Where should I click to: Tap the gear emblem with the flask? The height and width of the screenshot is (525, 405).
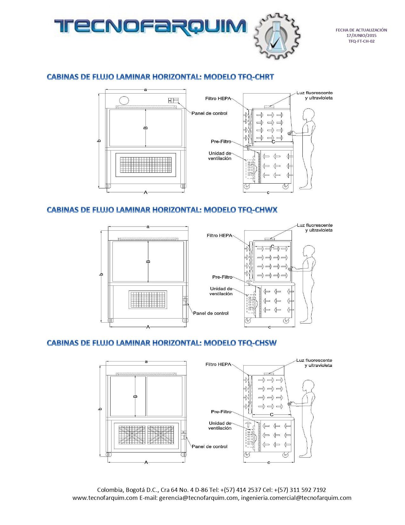[x=277, y=36]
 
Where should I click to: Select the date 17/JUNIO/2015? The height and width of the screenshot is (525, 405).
[x=361, y=35]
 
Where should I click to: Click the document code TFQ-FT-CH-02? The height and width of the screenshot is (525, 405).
[x=361, y=41]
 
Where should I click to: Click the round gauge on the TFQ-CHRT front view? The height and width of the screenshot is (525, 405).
[x=124, y=100]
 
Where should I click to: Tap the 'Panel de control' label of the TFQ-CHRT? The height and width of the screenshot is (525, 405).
[x=209, y=113]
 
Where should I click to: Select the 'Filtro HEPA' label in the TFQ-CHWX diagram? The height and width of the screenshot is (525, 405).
[x=219, y=236]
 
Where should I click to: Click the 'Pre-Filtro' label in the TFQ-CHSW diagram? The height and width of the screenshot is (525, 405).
[x=221, y=412]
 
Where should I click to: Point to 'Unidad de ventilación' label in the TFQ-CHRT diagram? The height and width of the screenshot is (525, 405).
[x=220, y=156]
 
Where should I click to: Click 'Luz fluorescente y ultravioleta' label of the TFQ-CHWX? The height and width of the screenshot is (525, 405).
[x=314, y=228]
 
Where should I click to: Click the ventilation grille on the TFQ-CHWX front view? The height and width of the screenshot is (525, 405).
[x=148, y=300]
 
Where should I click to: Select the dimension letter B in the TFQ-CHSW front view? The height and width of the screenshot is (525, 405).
[x=135, y=396]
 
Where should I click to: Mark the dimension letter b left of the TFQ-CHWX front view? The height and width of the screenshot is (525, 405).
[x=101, y=274]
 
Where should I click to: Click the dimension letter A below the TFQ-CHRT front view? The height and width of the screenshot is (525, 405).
[x=146, y=192]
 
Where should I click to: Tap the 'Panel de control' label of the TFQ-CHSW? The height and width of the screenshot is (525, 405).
[x=209, y=447]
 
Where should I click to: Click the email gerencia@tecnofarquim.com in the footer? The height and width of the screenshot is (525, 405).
[x=198, y=498]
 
